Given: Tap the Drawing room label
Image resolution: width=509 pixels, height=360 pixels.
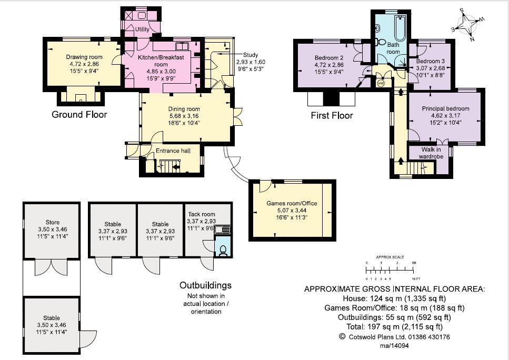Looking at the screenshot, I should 84,57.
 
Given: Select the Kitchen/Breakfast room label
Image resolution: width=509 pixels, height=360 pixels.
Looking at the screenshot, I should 161,59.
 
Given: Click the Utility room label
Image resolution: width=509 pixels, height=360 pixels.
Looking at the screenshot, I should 142,29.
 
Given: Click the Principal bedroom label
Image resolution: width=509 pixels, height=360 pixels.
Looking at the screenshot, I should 445,108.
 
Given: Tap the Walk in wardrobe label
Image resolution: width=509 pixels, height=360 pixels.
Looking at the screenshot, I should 430,153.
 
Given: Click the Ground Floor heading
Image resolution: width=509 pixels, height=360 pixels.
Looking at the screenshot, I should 79,114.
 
